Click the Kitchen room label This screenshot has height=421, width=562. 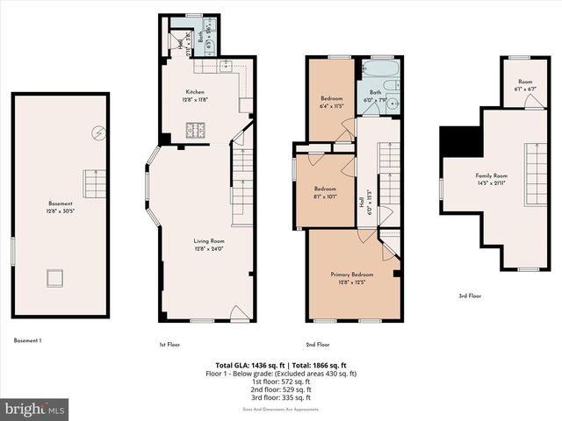[x=194, y=92]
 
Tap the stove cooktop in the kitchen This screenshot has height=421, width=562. [x=194, y=131]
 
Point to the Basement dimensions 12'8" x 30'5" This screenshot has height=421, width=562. [x=60, y=211]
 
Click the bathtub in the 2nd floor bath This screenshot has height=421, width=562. [x=380, y=68]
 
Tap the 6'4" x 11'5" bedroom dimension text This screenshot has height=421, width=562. [x=331, y=105]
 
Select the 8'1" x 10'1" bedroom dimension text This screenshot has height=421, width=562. [x=326, y=197]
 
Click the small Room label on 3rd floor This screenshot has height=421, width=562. [x=525, y=82]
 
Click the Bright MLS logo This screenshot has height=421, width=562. [x=35, y=409]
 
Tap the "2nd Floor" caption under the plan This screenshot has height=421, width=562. [x=317, y=345]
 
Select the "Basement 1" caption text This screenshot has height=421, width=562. [x=28, y=340]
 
